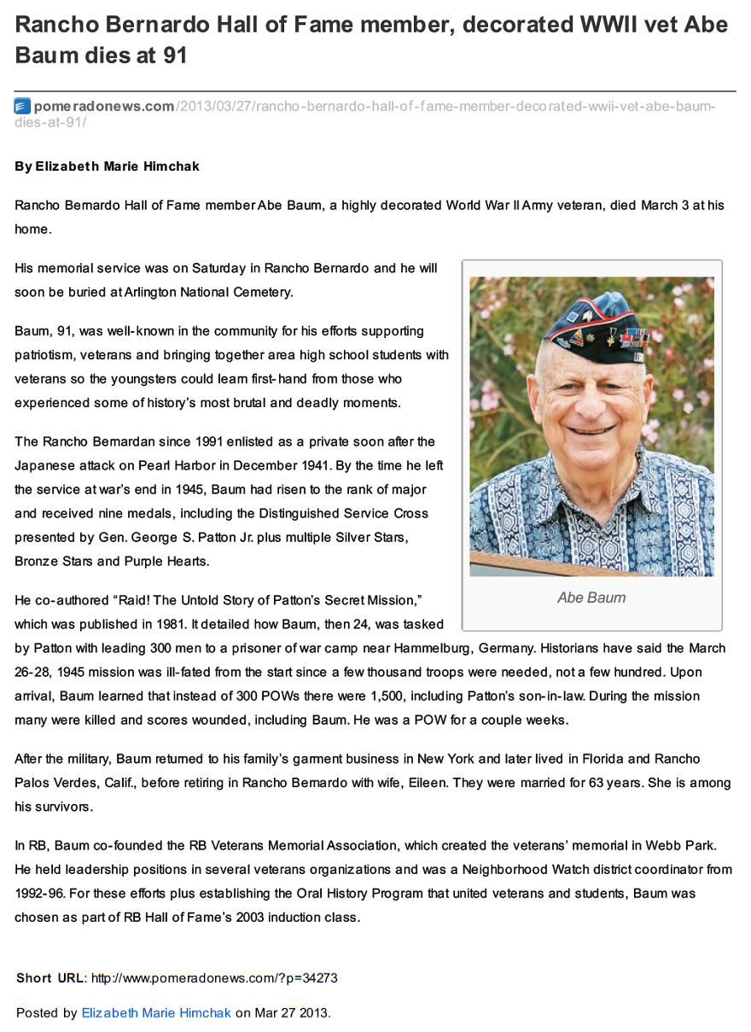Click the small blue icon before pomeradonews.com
[22, 107]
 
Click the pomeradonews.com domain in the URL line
[104, 107]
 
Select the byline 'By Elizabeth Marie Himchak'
[107, 166]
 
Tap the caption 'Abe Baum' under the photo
[591, 598]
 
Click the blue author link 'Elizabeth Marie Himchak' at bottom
[156, 1013]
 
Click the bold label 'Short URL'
[49, 978]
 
